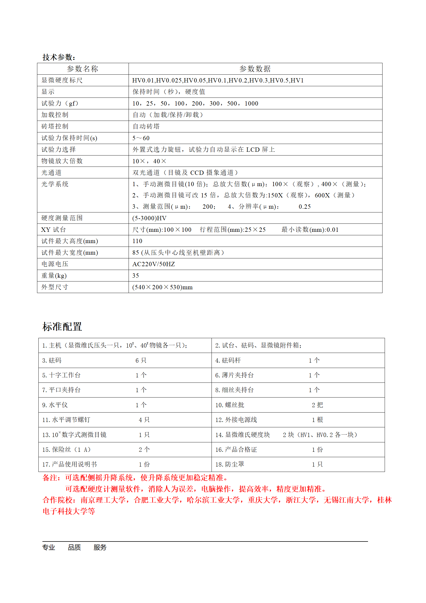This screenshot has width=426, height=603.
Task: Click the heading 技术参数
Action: point(59,57)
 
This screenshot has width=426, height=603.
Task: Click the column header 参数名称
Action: point(82,69)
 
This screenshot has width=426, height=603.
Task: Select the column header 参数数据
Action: point(255,69)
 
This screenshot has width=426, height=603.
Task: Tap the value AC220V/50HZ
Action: point(154,264)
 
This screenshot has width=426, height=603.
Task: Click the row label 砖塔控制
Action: point(55,126)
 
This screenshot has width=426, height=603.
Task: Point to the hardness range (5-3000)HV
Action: point(149,218)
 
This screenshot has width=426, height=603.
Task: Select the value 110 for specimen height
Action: point(137,241)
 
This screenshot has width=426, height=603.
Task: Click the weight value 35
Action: point(136,276)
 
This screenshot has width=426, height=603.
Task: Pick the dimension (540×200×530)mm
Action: point(162,287)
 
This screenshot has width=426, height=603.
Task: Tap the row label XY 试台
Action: point(53,230)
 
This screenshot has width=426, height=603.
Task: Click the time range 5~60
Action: point(141,138)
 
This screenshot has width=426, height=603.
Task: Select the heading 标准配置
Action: point(62,327)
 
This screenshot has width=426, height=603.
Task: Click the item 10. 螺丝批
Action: point(230,405)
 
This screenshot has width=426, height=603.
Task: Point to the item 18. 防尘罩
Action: point(230,464)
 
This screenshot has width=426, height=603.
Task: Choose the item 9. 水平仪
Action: point(55,405)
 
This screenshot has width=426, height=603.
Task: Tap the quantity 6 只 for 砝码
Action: point(141,360)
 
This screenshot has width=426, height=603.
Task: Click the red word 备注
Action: point(50,478)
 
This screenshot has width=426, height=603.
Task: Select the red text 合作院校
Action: point(57,500)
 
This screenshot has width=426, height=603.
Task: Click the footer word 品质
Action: point(74,547)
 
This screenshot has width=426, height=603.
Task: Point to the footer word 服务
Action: point(100,547)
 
